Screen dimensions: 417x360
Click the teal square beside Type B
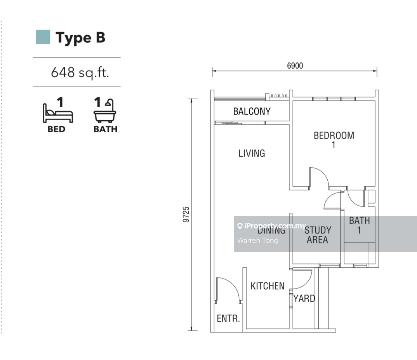click(43, 37)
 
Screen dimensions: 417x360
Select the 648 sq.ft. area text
click(80, 72)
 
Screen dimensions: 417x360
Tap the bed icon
click(58, 113)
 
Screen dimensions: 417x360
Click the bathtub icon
click(105, 111)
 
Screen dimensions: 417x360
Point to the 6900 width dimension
click(295, 66)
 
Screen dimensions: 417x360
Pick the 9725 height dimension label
click(186, 215)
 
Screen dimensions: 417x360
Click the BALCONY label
click(252, 111)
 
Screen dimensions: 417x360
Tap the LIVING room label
click(252, 153)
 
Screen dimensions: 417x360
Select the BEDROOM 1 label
click(334, 140)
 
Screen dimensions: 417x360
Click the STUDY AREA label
click(318, 235)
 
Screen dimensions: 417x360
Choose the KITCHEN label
click(268, 286)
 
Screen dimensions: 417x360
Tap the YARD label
click(304, 299)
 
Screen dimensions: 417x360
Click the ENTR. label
click(228, 318)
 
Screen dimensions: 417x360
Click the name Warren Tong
click(257, 241)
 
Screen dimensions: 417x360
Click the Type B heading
click(80, 38)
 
